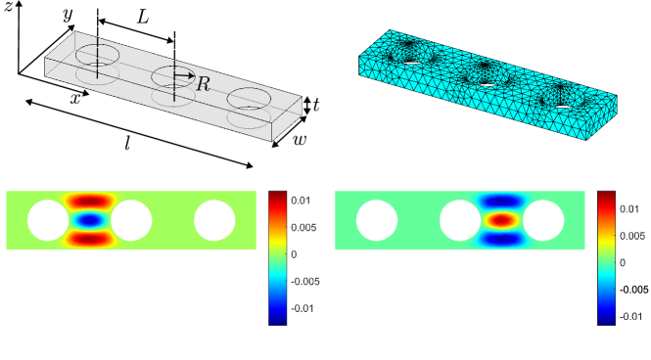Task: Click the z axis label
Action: pyautogui.click(x=8, y=7)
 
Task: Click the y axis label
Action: pyautogui.click(x=68, y=15)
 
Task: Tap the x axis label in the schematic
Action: pyautogui.click(x=75, y=98)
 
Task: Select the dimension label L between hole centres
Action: pyautogui.click(x=142, y=18)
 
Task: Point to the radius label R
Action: pyautogui.click(x=203, y=84)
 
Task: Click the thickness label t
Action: pyautogui.click(x=316, y=106)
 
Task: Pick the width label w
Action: pyautogui.click(x=301, y=139)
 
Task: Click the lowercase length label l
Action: pyautogui.click(x=128, y=143)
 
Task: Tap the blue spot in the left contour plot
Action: pyautogui.click(x=90, y=220)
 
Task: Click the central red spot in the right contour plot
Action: pyautogui.click(x=501, y=219)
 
